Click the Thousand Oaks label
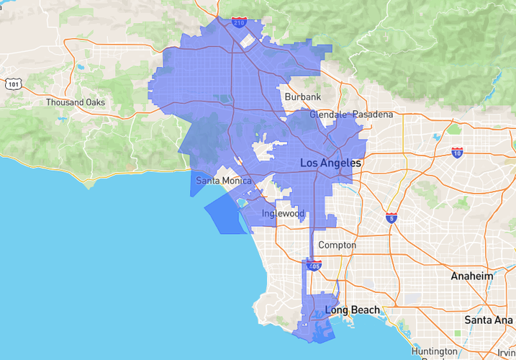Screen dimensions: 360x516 (76, 102)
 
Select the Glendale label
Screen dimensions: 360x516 (328, 114)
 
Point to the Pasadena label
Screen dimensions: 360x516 (373, 114)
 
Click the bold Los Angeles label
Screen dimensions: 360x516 (330, 164)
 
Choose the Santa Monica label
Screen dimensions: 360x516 (224, 180)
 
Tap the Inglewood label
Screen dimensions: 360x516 (283, 214)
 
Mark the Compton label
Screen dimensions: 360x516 (337, 245)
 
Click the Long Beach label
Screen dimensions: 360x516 (352, 310)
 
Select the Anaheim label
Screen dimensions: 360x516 (472, 276)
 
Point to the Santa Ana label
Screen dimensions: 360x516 (489, 319)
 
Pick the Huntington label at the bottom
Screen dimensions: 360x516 (435, 351)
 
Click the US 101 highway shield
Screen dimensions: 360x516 (13, 84)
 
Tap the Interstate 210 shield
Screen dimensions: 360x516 (240, 22)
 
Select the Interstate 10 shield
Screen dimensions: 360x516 (458, 152)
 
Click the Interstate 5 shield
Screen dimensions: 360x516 (391, 217)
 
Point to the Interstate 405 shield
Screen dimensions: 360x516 (314, 266)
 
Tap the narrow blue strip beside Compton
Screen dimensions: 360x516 (312, 241)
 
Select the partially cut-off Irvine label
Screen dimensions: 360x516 (507, 351)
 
